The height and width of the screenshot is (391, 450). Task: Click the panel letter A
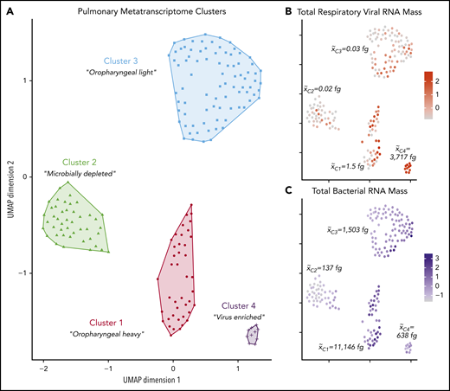tap(9, 10)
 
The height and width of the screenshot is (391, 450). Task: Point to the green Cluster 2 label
tap(80, 161)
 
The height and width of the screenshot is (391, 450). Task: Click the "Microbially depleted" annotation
tap(80, 174)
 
